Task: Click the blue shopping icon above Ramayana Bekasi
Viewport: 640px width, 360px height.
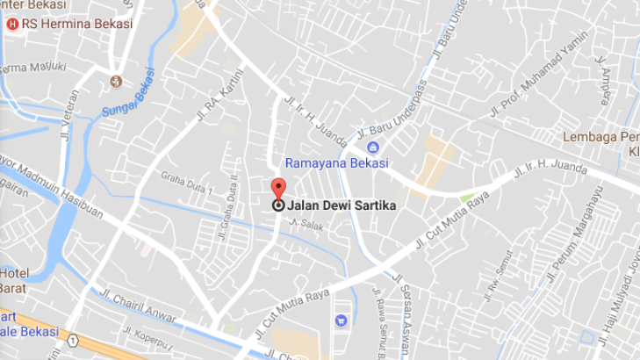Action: tap(373, 147)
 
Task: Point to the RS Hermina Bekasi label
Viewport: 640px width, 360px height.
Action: tap(78, 24)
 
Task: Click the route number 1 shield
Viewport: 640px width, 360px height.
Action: tap(76, 340)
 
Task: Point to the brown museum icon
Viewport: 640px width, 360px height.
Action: tap(115, 82)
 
